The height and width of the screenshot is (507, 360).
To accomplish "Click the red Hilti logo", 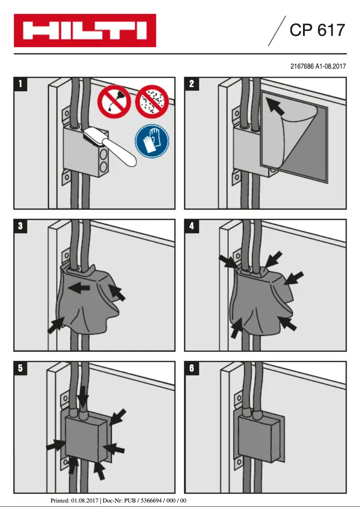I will click(85, 31).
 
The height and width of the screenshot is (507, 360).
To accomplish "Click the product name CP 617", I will click(317, 30).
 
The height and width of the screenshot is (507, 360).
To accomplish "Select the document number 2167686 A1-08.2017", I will click(318, 66).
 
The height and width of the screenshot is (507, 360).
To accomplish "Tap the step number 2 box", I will click(192, 83).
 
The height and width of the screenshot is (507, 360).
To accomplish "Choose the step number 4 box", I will click(192, 226).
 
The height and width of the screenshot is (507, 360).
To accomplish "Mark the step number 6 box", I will click(192, 368).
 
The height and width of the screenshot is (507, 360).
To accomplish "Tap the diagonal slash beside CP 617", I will click(277, 31).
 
